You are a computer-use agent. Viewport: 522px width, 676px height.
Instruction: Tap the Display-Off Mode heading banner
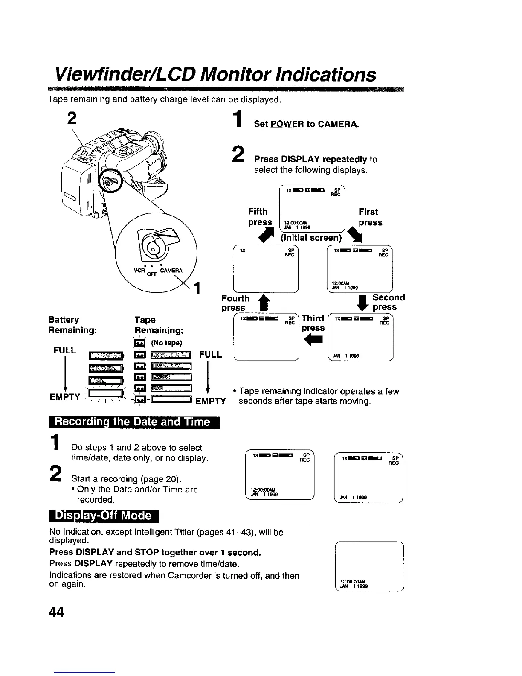pyautogui.click(x=104, y=516)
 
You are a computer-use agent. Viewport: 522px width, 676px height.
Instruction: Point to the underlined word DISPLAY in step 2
pyautogui.click(x=300, y=160)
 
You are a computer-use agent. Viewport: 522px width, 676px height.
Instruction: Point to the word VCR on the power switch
pyautogui.click(x=139, y=271)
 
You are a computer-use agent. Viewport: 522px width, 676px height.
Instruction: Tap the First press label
pyautogui.click(x=370, y=217)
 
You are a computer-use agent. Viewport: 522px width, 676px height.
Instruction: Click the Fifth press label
pyautogui.click(x=260, y=217)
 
